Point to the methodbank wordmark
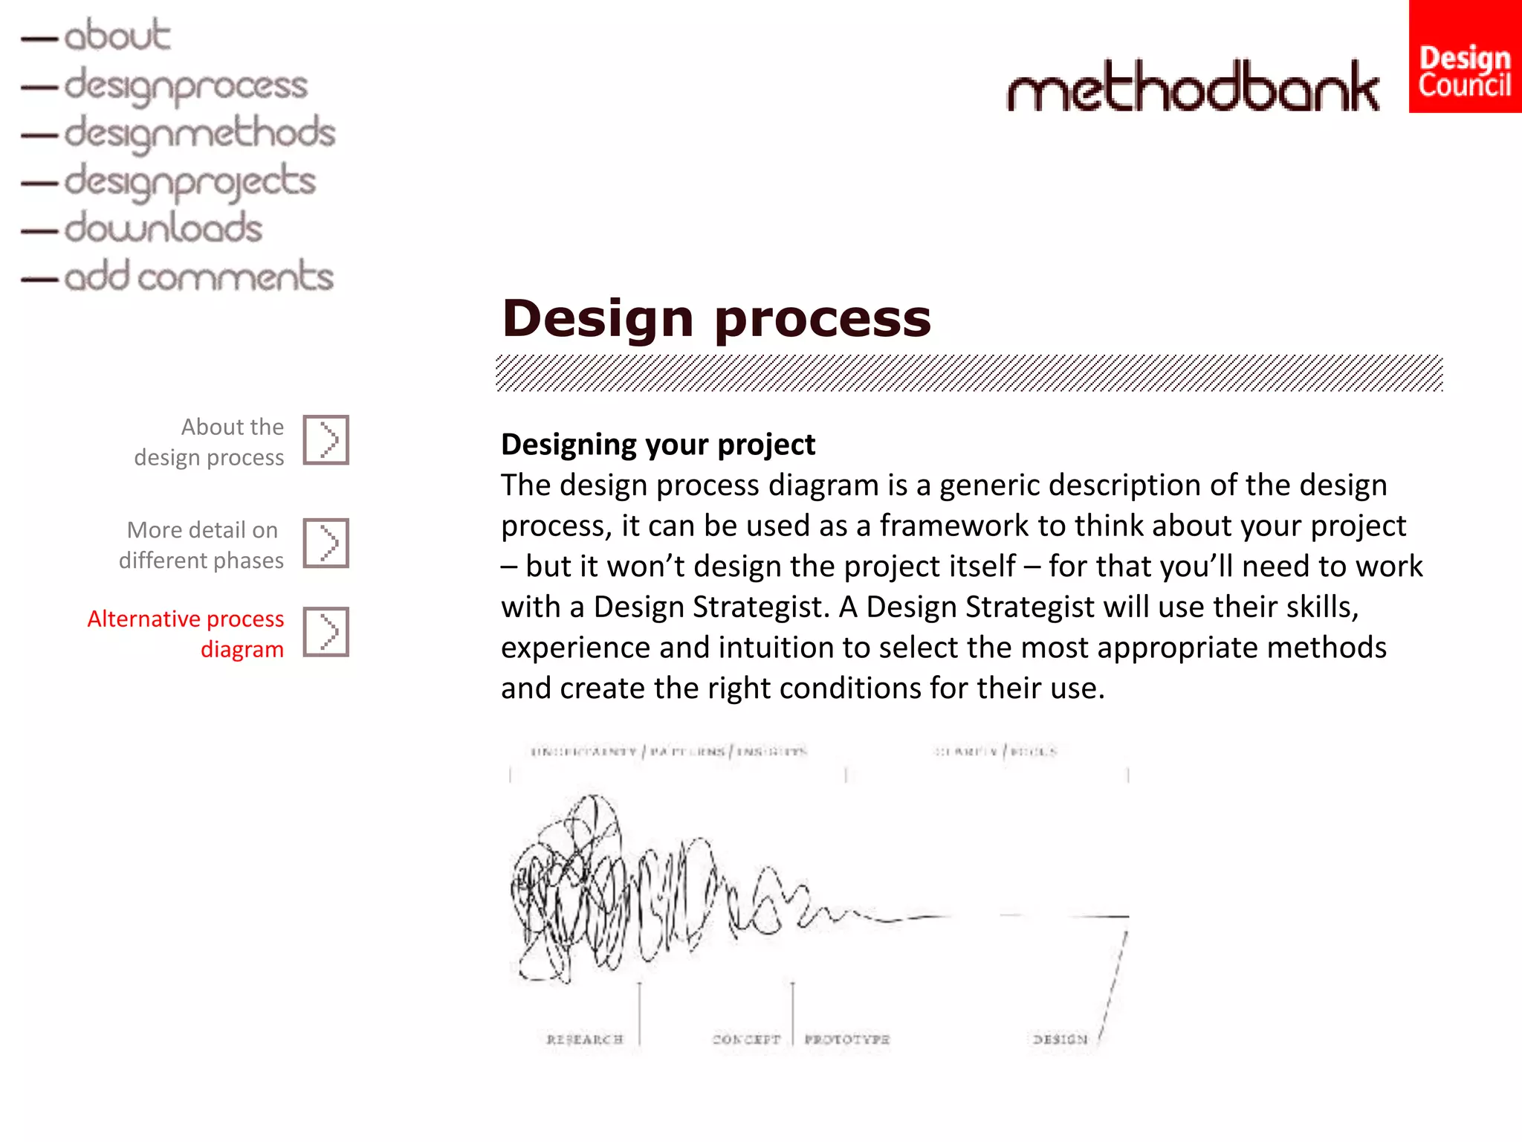[x=1192, y=87]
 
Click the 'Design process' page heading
[x=716, y=318]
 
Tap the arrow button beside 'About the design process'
[x=326, y=440]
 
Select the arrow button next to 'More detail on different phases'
[x=326, y=543]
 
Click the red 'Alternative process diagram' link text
[x=186, y=633]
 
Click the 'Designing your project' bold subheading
[x=658, y=445]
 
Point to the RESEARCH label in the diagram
[x=584, y=1039]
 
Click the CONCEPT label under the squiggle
[x=746, y=1039]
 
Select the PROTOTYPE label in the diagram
[x=846, y=1039]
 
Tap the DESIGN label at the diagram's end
[x=1060, y=1039]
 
